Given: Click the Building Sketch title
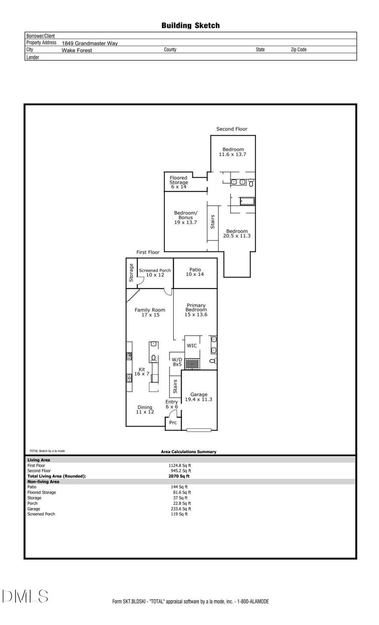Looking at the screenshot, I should coord(190,26).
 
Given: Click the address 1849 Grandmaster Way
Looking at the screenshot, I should coord(90,43).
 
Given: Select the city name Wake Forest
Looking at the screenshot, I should coord(77,50).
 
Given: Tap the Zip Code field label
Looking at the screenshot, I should coord(299,50).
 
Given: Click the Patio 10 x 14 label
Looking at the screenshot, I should coord(195,272).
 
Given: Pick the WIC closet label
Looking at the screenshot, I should coord(192,346).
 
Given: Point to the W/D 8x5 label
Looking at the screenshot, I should coord(177,362).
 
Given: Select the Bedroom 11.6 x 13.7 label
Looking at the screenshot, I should coord(233,152).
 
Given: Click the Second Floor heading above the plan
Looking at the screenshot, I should coord(232,129).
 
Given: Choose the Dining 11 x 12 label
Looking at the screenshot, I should coord(145,409).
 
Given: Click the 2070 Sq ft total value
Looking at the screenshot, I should coord(179,476).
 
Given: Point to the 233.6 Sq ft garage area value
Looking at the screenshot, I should coord(181,509).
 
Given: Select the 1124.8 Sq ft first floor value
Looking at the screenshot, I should coord(180,466).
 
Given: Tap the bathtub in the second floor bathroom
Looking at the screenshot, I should coord(247,201).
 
